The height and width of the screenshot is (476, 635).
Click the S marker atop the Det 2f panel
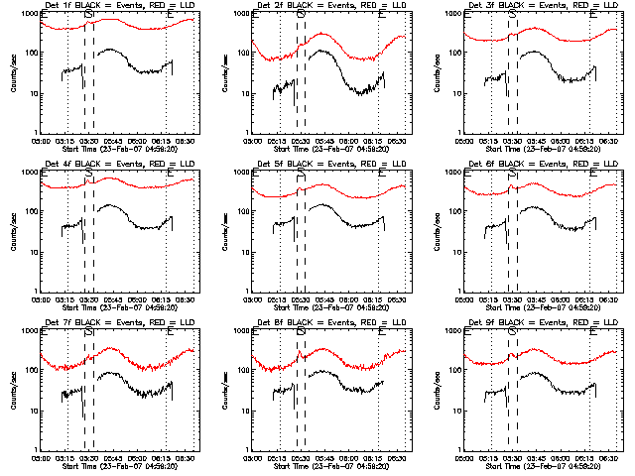tap(301, 15)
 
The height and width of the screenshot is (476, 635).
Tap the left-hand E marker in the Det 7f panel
tap(45, 332)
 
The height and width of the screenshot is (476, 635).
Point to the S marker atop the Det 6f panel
tap(513, 174)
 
